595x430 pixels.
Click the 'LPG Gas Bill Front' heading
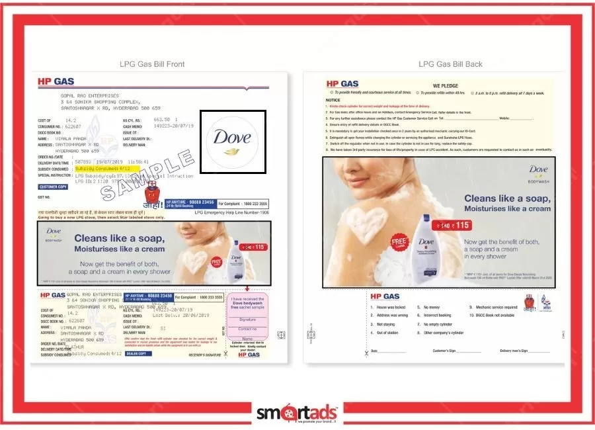point(152,64)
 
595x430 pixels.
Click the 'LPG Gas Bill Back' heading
point(450,64)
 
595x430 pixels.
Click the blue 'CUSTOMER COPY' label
point(54,187)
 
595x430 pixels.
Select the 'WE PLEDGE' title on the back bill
point(445,85)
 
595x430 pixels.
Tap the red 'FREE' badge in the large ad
point(399,241)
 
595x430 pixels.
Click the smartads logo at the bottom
point(297,413)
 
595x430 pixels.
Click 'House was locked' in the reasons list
point(391,308)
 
